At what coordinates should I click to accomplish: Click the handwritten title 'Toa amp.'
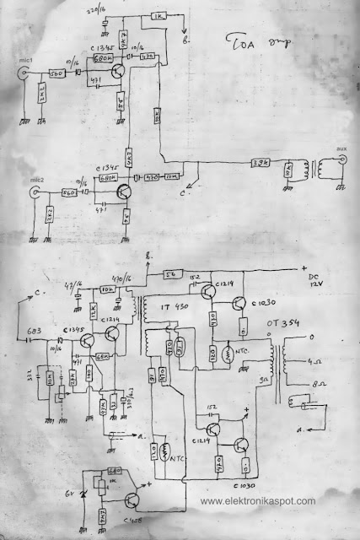pos(261,44)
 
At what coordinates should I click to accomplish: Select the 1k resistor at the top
pos(157,17)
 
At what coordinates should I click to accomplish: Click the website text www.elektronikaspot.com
pos(260,501)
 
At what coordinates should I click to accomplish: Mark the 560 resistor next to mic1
pos(56,73)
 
